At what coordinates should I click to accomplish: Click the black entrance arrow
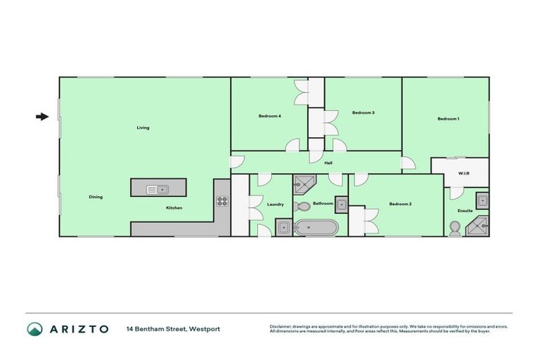click(42, 117)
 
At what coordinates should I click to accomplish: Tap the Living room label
click(143, 128)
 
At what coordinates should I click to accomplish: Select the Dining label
click(96, 197)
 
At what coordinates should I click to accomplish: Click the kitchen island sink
click(157, 188)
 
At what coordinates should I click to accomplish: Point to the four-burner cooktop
click(222, 201)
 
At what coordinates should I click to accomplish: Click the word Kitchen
click(174, 208)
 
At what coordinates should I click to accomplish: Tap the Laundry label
click(275, 205)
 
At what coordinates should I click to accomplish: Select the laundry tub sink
click(283, 226)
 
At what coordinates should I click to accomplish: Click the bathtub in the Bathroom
click(316, 227)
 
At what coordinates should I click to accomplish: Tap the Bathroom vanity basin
click(340, 205)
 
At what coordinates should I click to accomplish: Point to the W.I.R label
click(463, 172)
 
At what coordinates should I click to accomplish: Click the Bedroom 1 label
click(448, 119)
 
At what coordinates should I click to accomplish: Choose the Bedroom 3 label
click(363, 112)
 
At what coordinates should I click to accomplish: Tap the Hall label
click(328, 163)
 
